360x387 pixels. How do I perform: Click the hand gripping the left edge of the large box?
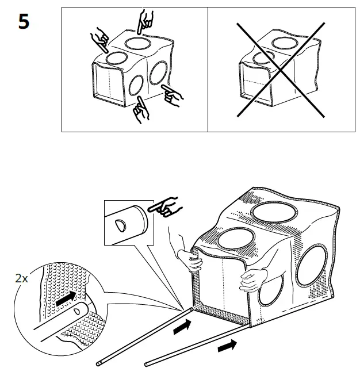(191, 259)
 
